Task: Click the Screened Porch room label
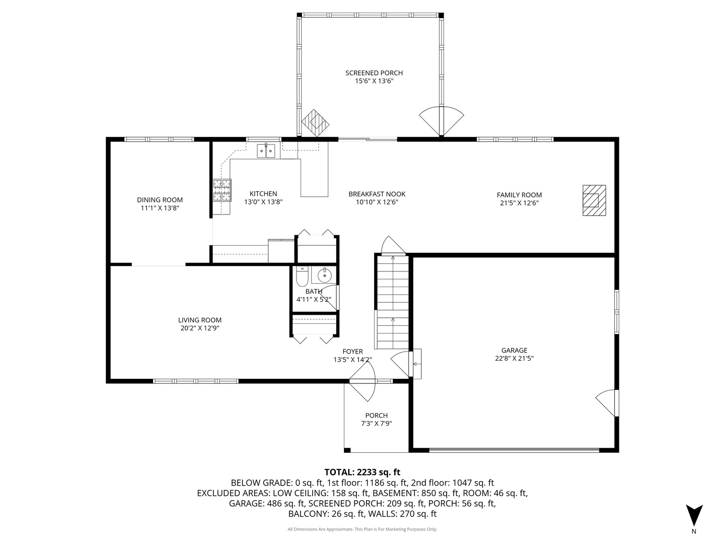click(x=374, y=73)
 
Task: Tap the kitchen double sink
click(x=266, y=151)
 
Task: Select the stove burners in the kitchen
click(x=222, y=190)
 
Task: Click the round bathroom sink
click(x=324, y=275)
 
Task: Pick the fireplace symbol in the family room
click(x=594, y=200)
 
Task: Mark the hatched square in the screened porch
click(x=315, y=123)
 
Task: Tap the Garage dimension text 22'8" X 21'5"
click(x=514, y=358)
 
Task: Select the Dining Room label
click(x=160, y=200)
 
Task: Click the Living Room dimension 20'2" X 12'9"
click(x=199, y=328)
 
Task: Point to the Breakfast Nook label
click(x=377, y=194)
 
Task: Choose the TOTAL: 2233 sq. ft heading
click(x=362, y=472)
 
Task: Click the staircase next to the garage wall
click(x=392, y=302)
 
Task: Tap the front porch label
click(x=376, y=416)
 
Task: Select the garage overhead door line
click(x=514, y=450)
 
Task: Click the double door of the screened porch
click(x=441, y=121)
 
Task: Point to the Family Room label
click(x=519, y=195)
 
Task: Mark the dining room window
click(x=159, y=140)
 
